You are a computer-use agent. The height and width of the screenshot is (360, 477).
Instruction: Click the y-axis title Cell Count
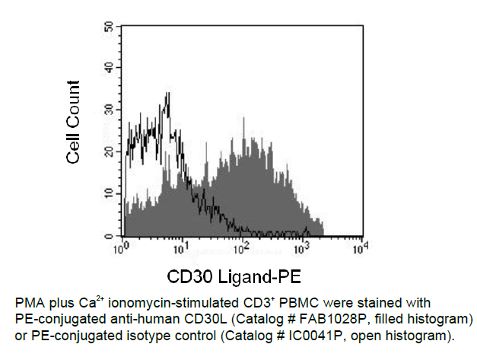[x=74, y=123]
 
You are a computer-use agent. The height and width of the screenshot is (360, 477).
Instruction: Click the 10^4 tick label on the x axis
[x=364, y=248]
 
